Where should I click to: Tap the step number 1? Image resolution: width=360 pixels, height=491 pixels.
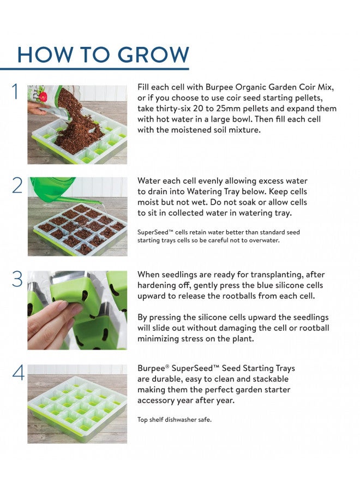pos(16,92)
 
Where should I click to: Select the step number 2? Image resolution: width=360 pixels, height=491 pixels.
pos(17,185)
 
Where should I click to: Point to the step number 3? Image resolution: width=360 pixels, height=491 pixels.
pos(17,279)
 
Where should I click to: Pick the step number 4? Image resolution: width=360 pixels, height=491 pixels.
pos(18,373)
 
